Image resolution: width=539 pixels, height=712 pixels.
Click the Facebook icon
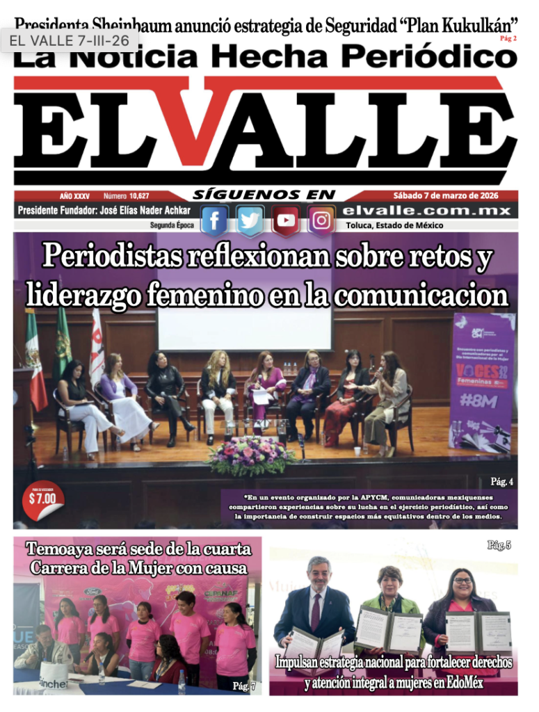(x=214, y=220)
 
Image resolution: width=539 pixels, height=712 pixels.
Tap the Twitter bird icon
(x=250, y=220)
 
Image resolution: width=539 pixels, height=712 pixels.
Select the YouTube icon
(x=285, y=220)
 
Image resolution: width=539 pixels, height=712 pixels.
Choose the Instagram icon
(x=321, y=220)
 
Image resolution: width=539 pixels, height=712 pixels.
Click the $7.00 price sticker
(x=42, y=498)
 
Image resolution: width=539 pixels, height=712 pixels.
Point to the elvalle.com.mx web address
(x=427, y=211)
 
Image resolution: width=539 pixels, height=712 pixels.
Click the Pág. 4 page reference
(x=501, y=481)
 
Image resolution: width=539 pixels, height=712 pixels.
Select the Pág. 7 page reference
(x=244, y=686)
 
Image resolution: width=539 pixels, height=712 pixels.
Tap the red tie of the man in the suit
(x=316, y=611)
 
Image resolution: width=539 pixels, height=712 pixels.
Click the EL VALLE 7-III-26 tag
(x=70, y=40)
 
